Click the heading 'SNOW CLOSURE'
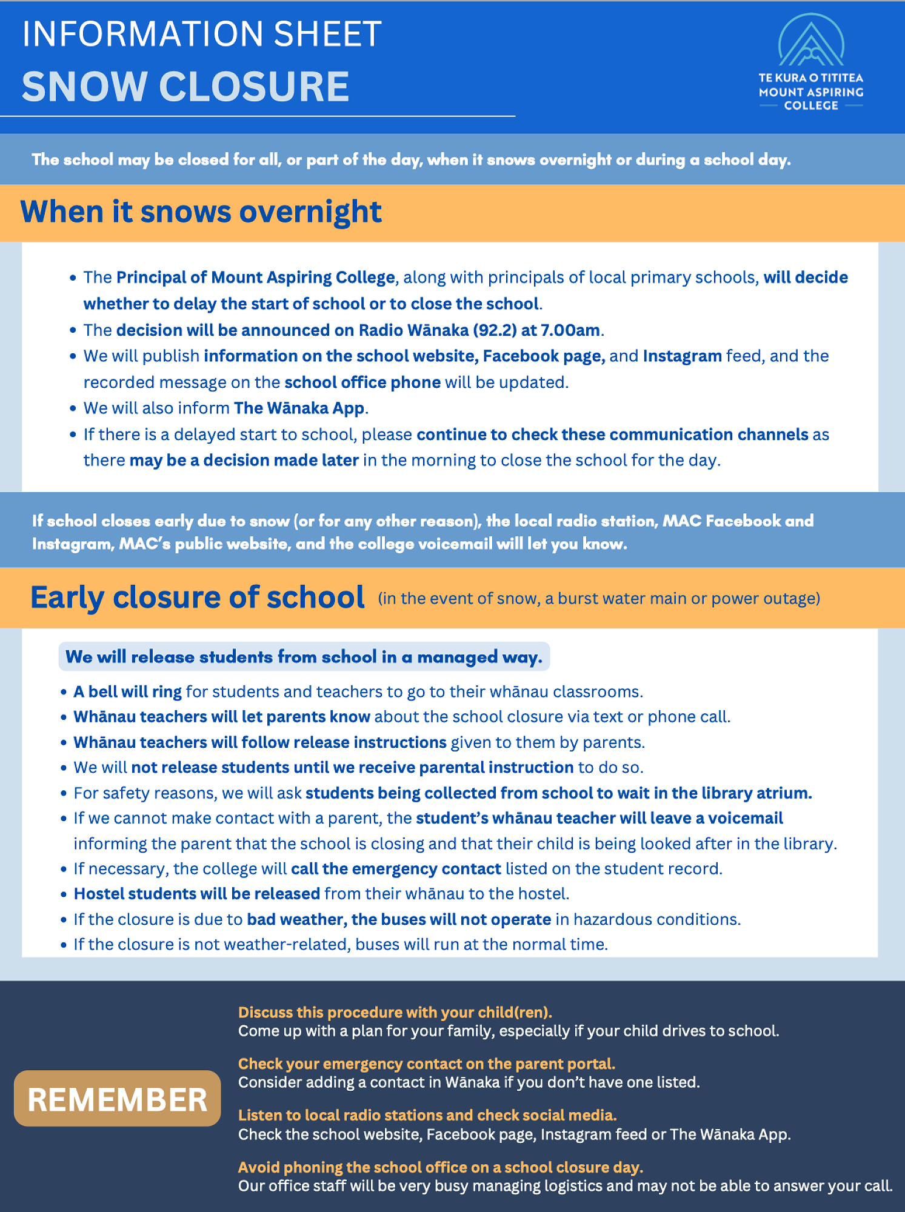click(185, 86)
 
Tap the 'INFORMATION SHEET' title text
click(202, 34)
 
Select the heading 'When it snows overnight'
click(201, 212)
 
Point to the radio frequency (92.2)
click(495, 330)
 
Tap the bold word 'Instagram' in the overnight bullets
click(682, 356)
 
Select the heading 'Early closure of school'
click(198, 598)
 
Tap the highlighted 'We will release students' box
click(304, 657)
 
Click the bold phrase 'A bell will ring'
click(127, 692)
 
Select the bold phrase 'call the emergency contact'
click(396, 869)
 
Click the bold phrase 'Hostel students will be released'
click(197, 894)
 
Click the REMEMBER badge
click(117, 1099)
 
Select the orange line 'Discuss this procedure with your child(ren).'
click(395, 1013)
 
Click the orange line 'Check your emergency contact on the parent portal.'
click(426, 1064)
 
